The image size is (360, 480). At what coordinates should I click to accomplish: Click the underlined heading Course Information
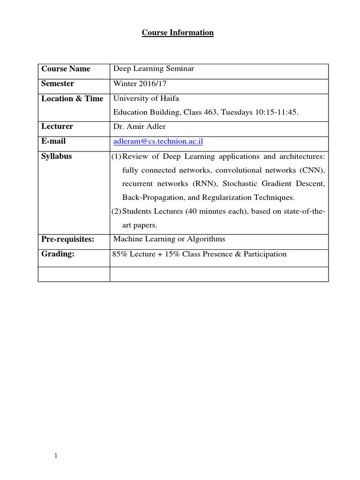pos(178,33)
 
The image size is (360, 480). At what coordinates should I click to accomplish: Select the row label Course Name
pos(66,69)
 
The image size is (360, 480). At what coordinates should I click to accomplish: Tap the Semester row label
pos(58,84)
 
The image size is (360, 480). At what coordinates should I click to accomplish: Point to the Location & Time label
pos(72,99)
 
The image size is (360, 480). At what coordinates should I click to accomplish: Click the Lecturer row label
pos(57,127)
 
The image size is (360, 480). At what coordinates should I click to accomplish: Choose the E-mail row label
pos(53,141)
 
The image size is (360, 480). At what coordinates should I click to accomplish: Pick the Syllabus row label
pos(57,156)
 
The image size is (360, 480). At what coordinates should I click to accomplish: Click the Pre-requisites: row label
pos(68,240)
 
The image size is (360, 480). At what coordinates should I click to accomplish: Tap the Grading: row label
pos(58,254)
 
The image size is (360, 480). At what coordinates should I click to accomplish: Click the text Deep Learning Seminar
pos(153,69)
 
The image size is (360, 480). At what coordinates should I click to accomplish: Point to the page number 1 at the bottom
pos(56,457)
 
